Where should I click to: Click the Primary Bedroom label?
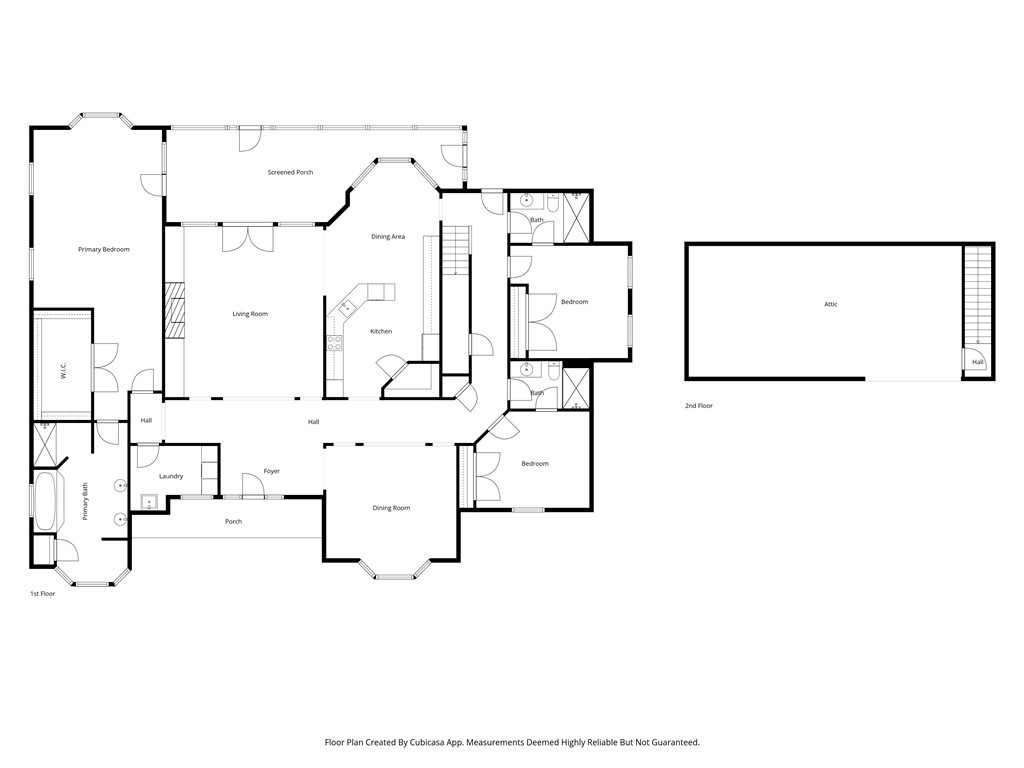coord(104,249)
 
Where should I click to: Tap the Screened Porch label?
coord(291,172)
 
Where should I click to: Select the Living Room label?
coord(250,314)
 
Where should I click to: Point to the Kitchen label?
coord(381,332)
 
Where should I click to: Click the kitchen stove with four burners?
coord(334,344)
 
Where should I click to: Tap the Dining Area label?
coord(388,237)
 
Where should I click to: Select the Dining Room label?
coord(391,508)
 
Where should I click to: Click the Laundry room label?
coord(171,477)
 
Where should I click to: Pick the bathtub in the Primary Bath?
coord(45,501)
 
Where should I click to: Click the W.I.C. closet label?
coord(64,372)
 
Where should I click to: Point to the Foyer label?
coord(272,472)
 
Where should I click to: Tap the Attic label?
coord(831,304)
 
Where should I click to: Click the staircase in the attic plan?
coord(978,296)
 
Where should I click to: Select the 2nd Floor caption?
coord(699,406)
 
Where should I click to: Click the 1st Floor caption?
coord(42,594)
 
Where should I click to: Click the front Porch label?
coord(233,522)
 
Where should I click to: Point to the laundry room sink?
coord(150,503)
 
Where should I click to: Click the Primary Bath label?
coord(85,502)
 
